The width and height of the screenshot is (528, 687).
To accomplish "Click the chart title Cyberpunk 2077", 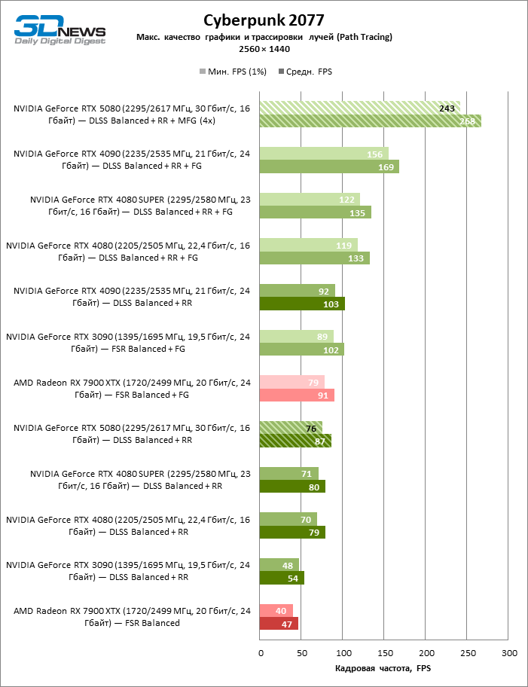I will pyautogui.click(x=264, y=20).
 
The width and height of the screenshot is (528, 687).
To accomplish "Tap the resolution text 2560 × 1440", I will pyautogui.click(x=264, y=49).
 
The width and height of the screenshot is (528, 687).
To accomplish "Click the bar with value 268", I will pyautogui.click(x=370, y=121).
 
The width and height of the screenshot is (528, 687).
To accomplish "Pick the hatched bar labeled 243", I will pyautogui.click(x=359, y=108).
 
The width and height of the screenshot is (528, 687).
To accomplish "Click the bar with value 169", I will pyautogui.click(x=329, y=166).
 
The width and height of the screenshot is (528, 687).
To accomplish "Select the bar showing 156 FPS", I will pyautogui.click(x=324, y=154).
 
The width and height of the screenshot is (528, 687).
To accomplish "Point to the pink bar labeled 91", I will pyautogui.click(x=297, y=395).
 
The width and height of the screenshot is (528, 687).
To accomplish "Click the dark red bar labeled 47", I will pyautogui.click(x=279, y=624).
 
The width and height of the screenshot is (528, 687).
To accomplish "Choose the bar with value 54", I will pyautogui.click(x=282, y=578).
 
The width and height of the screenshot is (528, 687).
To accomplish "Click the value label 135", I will pyautogui.click(x=359, y=213).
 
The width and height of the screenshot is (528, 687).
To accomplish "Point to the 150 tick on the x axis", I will pyautogui.click(x=385, y=652).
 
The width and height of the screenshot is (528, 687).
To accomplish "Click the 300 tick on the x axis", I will pyautogui.click(x=509, y=652).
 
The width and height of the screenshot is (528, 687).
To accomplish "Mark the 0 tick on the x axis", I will pyautogui.click(x=260, y=652).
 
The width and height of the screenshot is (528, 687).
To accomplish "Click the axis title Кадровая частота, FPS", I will pyautogui.click(x=382, y=668).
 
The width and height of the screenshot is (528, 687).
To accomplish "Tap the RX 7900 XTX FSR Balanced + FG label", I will pyautogui.click(x=131, y=389).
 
